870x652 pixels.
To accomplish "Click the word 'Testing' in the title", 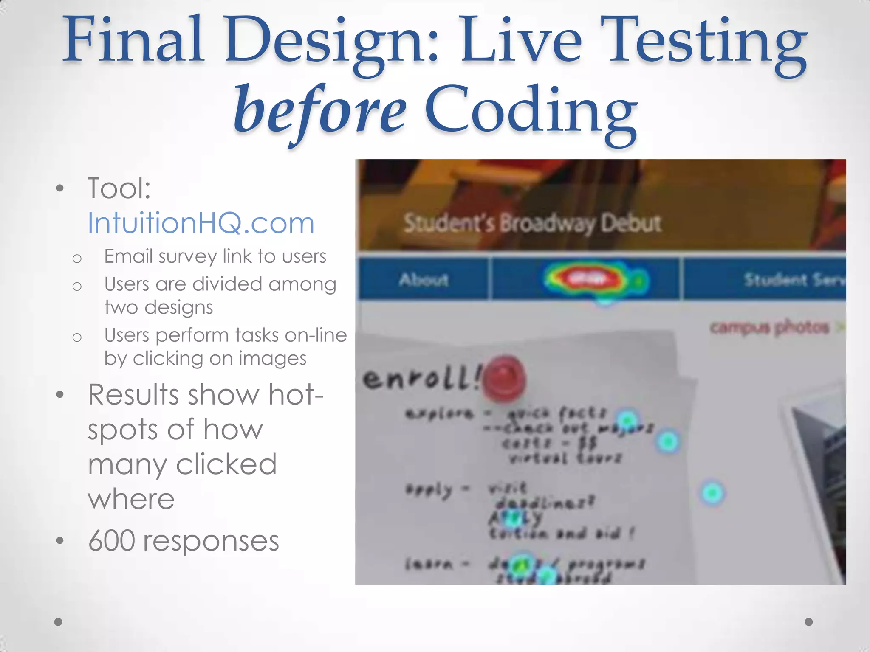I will tap(707, 42).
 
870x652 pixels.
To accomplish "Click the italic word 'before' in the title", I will tap(319, 111).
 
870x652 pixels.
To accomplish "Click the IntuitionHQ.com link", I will tap(201, 223).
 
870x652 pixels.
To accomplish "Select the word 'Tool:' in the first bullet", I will tap(119, 188).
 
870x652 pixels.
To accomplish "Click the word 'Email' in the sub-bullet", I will tap(128, 256).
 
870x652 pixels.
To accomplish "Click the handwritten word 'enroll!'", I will tap(421, 378).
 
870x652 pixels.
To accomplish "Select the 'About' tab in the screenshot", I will tap(423, 280).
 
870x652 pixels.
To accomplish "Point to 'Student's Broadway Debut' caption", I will tap(532, 223).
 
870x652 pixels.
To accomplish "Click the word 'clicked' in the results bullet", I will tap(226, 464).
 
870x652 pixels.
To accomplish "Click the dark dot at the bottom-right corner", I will tap(808, 622).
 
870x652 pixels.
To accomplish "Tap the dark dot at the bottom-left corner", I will tap(59, 622).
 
